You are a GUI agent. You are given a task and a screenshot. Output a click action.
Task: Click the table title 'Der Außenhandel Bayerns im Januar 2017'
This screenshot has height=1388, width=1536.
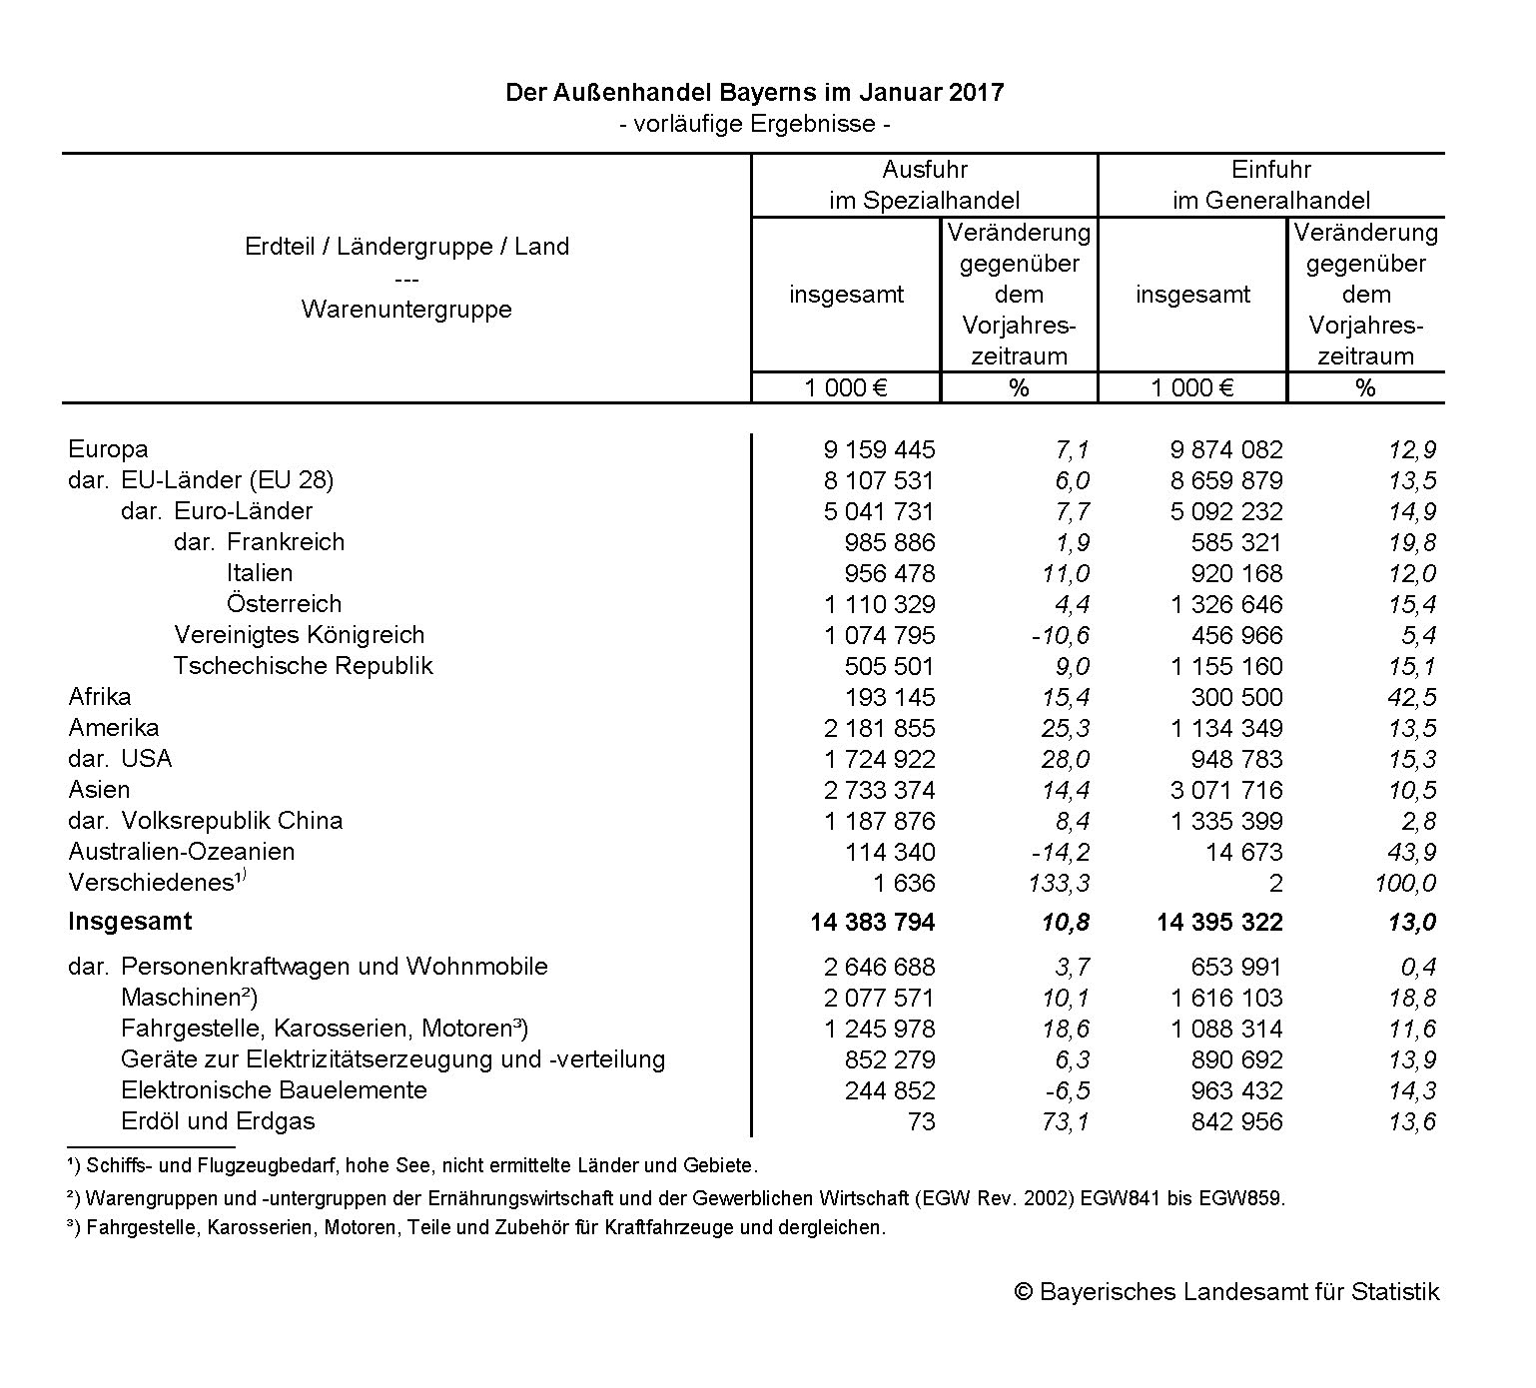[x=754, y=93]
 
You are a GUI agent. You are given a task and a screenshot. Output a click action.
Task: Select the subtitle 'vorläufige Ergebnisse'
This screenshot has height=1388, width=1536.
[x=754, y=124]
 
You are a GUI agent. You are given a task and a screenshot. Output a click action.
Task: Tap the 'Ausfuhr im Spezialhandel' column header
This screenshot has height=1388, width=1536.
[x=924, y=185]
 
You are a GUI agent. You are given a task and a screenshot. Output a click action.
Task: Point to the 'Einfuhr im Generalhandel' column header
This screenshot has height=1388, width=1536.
[x=1270, y=185]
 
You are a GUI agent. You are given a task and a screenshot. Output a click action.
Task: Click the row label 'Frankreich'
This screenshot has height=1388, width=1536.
[x=285, y=542]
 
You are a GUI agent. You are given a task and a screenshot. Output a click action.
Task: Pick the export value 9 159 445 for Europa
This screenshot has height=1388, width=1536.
[x=878, y=450]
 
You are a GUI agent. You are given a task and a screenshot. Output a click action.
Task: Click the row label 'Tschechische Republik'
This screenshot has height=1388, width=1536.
[x=303, y=666]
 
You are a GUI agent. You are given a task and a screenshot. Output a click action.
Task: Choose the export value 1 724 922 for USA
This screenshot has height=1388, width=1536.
[x=878, y=759]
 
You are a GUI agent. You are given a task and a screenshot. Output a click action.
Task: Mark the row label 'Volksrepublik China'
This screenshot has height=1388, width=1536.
[x=232, y=821]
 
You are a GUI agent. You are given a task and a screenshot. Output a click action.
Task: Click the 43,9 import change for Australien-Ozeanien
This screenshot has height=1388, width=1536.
[x=1411, y=852]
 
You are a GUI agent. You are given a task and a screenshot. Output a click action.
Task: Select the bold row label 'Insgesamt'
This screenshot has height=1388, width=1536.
[x=130, y=922]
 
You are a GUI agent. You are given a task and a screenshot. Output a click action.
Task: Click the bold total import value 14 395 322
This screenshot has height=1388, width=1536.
[x=1219, y=922]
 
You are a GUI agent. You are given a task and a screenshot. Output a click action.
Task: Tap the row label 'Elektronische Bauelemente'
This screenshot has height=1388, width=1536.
[x=274, y=1090]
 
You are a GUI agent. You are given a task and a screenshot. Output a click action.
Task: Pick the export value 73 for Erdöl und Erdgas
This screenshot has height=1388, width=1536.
[x=921, y=1121]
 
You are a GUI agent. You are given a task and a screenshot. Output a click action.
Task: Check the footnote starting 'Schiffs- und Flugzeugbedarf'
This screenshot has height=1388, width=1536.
[x=419, y=1165]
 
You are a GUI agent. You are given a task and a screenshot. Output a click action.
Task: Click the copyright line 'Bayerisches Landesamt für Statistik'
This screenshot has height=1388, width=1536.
[x=1226, y=1292]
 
